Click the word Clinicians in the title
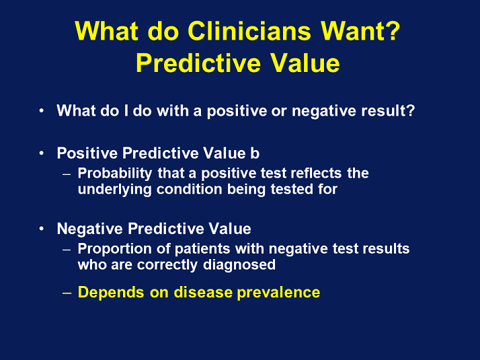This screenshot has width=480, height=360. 249,31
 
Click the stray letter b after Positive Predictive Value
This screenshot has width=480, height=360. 255,153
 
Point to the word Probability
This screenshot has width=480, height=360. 115,174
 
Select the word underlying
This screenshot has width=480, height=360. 114,190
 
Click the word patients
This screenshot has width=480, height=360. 202,249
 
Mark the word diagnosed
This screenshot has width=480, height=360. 239,265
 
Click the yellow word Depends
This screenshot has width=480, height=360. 111,293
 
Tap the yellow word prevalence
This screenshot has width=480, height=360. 278,293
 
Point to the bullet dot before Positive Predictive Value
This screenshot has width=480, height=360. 42,153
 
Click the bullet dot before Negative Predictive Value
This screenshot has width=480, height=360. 42,229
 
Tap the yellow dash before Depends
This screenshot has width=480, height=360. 67,293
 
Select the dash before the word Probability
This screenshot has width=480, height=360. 67,174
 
